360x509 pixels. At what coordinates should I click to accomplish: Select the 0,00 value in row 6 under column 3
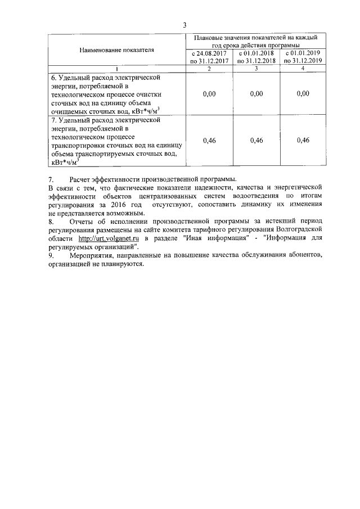tap(256, 94)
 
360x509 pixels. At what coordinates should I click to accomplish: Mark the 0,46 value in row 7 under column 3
tap(256, 140)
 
